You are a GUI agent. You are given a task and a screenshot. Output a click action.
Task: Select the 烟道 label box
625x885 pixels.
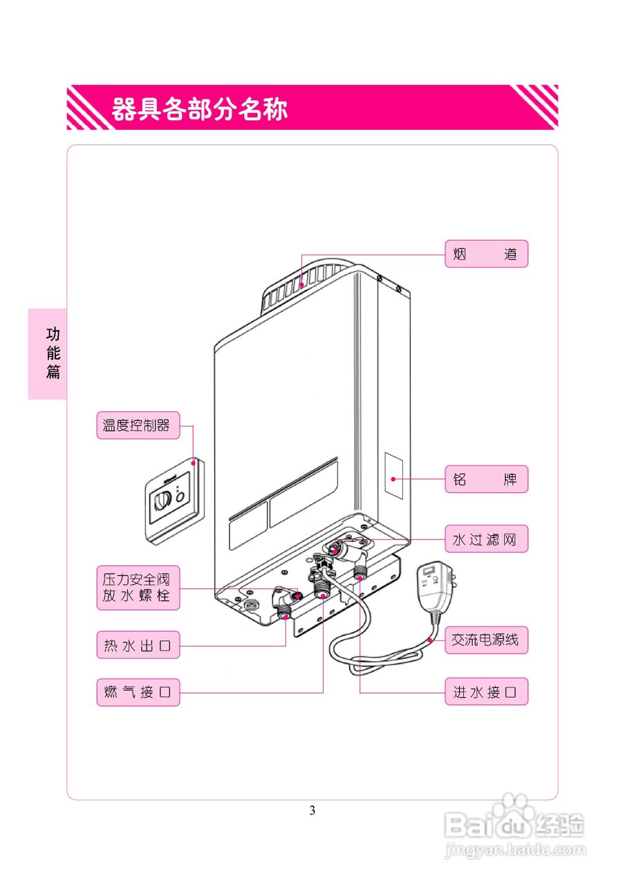point(486,254)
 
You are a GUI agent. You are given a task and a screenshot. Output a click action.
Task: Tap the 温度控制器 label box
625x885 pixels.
point(137,425)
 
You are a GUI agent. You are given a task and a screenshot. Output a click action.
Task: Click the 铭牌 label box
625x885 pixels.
point(486,479)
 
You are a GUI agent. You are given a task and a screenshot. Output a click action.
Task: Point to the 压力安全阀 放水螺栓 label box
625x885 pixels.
point(138,588)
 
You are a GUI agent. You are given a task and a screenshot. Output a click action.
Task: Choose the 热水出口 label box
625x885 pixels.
point(138,646)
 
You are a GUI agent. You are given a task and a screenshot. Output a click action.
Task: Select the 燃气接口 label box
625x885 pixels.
point(138,691)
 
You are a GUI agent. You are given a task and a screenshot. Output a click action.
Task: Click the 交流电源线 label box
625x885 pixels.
point(486,640)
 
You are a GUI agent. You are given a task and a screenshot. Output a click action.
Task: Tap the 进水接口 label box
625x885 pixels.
point(486,691)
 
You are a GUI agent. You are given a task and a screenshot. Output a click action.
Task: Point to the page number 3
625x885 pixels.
point(312,810)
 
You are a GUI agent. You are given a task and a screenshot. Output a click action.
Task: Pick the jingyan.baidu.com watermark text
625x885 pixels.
point(514,848)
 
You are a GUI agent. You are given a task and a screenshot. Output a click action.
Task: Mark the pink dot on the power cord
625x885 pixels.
point(430,641)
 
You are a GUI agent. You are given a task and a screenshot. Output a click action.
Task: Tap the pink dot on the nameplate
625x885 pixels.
point(393,478)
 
